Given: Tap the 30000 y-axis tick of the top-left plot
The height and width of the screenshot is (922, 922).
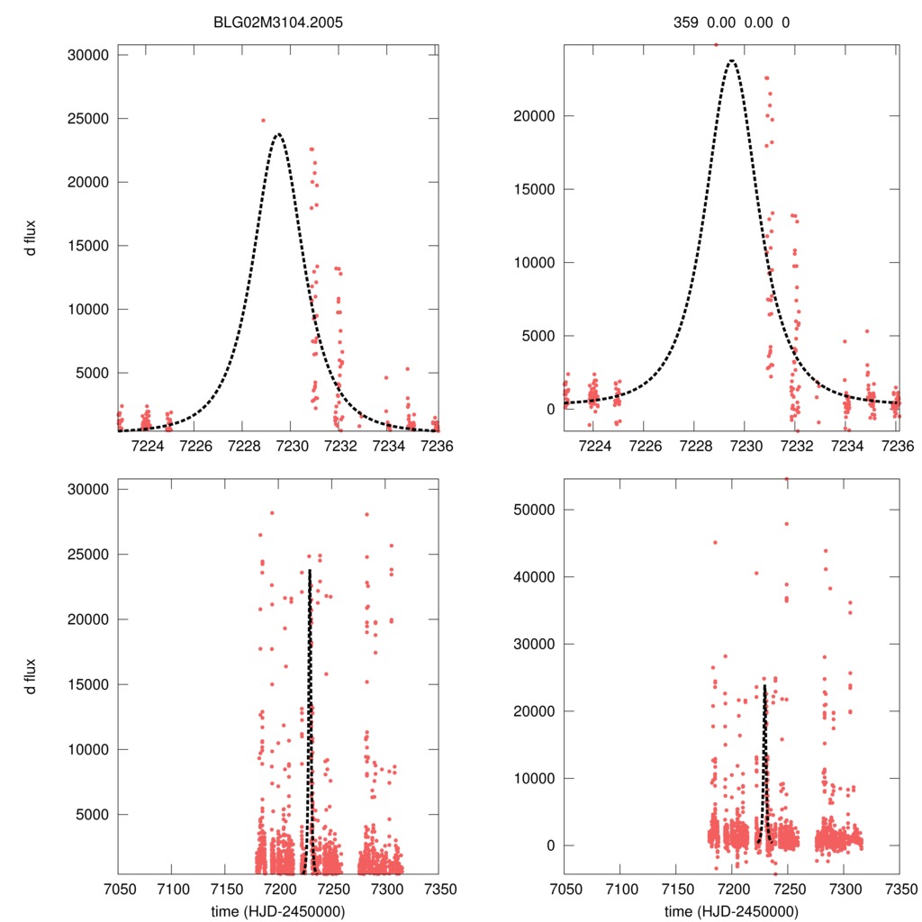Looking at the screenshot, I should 89,55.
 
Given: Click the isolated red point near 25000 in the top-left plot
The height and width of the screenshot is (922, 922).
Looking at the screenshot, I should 263,120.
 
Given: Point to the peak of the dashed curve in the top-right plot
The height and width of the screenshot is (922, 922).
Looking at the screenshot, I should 732,60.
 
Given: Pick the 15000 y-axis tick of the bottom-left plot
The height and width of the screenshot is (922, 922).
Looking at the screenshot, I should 89,684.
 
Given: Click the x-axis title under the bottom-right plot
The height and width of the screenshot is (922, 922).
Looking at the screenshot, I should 732,910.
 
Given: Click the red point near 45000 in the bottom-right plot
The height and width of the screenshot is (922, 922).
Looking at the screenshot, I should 716,542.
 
